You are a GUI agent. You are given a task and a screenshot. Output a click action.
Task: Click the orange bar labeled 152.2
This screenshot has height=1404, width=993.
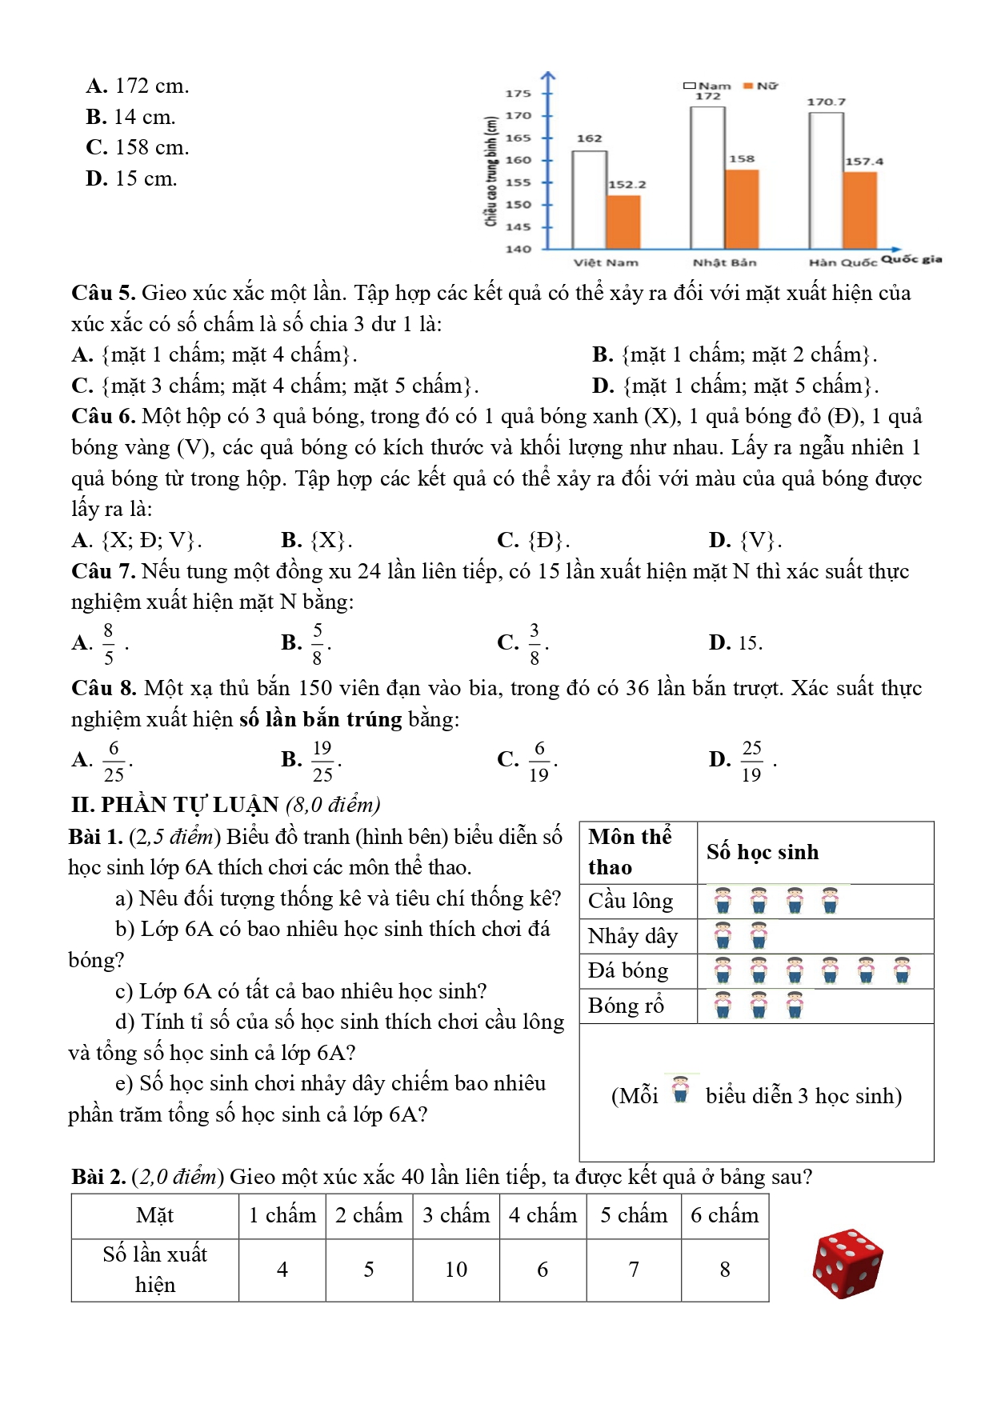[x=623, y=222]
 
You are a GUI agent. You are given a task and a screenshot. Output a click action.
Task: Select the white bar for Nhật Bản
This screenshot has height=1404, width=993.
[x=707, y=177]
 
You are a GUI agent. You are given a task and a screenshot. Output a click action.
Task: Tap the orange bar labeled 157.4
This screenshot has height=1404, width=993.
[x=860, y=210]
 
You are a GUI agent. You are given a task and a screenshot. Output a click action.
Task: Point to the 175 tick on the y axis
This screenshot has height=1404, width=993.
[x=519, y=94]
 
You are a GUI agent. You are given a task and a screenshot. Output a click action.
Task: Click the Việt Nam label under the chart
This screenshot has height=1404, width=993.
[x=606, y=262]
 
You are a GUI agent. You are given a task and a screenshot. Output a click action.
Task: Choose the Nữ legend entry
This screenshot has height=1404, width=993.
[x=761, y=86]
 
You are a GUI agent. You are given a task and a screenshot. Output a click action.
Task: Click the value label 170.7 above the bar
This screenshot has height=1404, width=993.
[x=826, y=102]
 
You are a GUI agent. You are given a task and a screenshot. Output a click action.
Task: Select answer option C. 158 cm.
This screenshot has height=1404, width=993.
[x=138, y=148]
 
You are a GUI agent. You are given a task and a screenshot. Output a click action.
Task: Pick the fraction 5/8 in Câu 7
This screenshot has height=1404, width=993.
[x=318, y=644]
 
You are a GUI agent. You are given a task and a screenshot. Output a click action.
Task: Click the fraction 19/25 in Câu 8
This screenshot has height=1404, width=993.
[x=322, y=761]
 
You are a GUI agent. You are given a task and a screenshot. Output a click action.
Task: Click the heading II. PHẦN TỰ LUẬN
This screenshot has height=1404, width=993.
[x=174, y=805]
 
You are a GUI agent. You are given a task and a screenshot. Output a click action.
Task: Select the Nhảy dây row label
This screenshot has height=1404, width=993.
[x=632, y=936]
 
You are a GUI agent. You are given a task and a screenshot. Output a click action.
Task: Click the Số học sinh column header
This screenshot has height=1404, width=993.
[x=763, y=853]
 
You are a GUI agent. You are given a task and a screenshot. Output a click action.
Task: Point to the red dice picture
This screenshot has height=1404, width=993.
[x=847, y=1263]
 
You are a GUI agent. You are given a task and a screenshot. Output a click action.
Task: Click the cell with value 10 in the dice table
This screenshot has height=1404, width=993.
[x=456, y=1270]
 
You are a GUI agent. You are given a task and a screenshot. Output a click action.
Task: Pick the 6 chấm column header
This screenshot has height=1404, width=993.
[x=724, y=1216]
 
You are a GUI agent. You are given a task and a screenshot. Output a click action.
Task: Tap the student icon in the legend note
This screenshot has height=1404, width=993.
[x=681, y=1090]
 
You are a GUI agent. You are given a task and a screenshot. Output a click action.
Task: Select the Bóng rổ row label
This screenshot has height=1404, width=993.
[x=626, y=1006]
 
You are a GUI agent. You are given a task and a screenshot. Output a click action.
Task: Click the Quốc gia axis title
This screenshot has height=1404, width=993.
[x=911, y=259]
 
